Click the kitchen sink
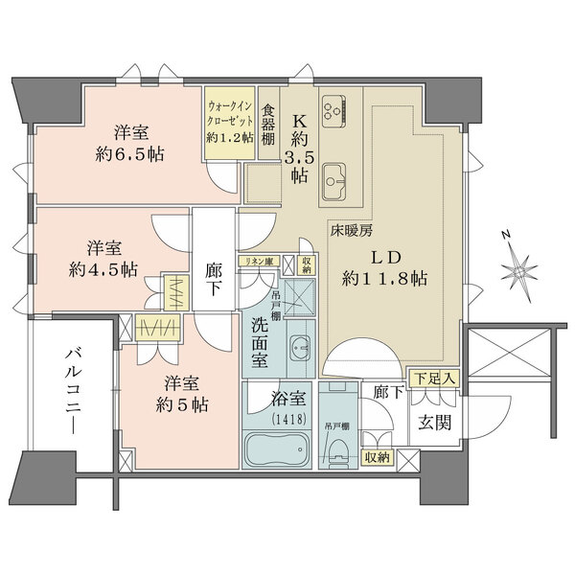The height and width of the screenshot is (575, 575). coord(336,178)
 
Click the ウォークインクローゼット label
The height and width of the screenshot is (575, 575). coord(230,118)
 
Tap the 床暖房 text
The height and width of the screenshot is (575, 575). coord(351,231)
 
